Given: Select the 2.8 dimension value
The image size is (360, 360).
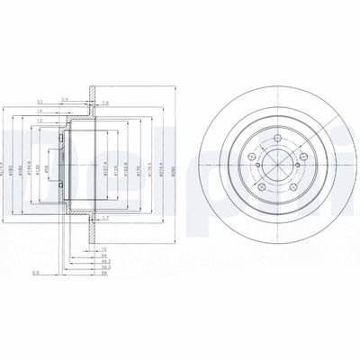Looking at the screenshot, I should click(x=104, y=103).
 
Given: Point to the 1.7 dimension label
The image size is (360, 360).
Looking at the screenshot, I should click(x=104, y=218).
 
